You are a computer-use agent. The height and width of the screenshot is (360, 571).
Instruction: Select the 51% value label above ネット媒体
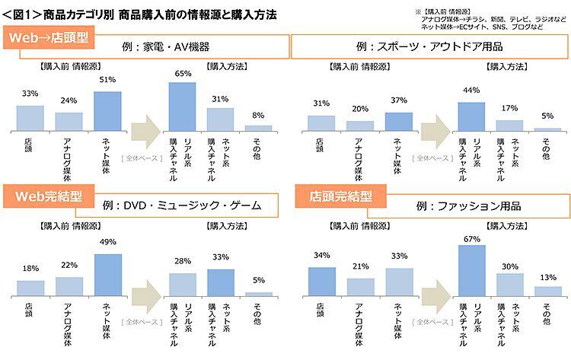pyautogui.click(x=107, y=79)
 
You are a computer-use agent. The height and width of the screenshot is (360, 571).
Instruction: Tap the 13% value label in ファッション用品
pyautogui.click(x=548, y=277)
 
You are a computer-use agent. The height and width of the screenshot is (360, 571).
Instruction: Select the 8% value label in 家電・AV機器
pyautogui.click(x=258, y=116)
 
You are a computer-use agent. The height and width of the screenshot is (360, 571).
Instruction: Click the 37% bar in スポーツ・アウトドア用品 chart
pyautogui.click(x=398, y=121)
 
